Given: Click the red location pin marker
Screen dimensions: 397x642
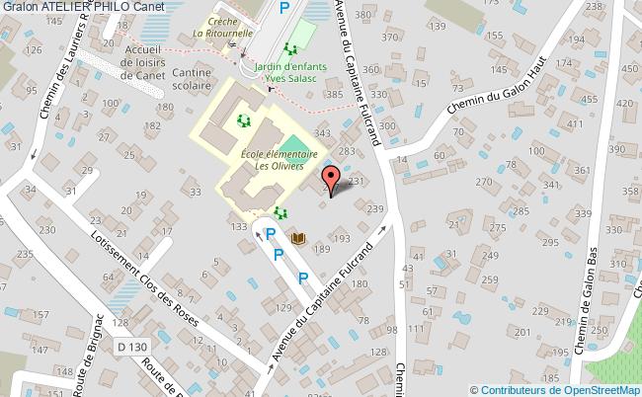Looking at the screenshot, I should tap(332, 180).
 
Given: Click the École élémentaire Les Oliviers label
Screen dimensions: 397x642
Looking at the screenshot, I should tap(279, 160).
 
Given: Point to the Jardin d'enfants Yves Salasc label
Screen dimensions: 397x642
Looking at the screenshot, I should tap(296, 75).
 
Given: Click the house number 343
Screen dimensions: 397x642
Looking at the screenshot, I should tap(321, 133).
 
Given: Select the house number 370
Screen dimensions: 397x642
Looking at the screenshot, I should tap(391, 38).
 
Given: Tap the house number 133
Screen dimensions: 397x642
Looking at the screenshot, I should tap(238, 227).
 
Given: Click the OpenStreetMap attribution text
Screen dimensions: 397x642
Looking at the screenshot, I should tap(555, 389).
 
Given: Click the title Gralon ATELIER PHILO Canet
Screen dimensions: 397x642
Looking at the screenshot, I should tap(83, 7).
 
